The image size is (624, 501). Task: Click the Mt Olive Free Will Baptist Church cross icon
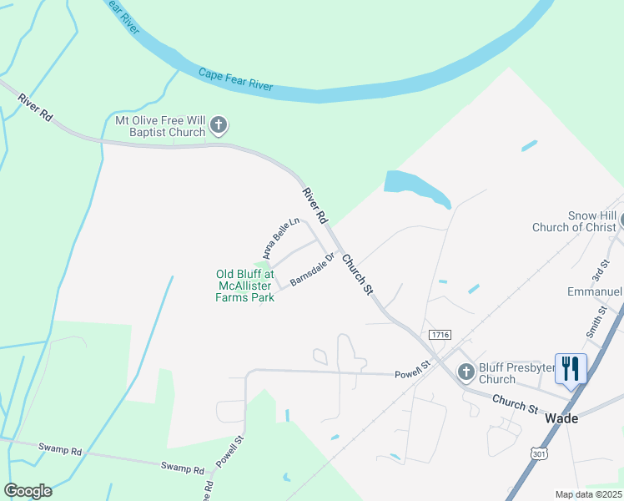click(x=219, y=126)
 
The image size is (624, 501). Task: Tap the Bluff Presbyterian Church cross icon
click(x=465, y=372)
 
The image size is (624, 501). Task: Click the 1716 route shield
click(x=440, y=334)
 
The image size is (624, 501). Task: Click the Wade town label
click(x=561, y=418)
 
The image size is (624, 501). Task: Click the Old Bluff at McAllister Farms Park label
click(x=245, y=286)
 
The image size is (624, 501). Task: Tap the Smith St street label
click(x=595, y=320)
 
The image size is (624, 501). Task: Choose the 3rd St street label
click(x=596, y=269)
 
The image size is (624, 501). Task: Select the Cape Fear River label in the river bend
click(x=236, y=79)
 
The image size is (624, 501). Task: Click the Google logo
click(x=28, y=491)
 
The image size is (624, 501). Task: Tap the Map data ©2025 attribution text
click(x=588, y=494)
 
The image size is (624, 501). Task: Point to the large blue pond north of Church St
click(x=415, y=187)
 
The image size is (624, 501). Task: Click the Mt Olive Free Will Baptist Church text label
click(x=160, y=126)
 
